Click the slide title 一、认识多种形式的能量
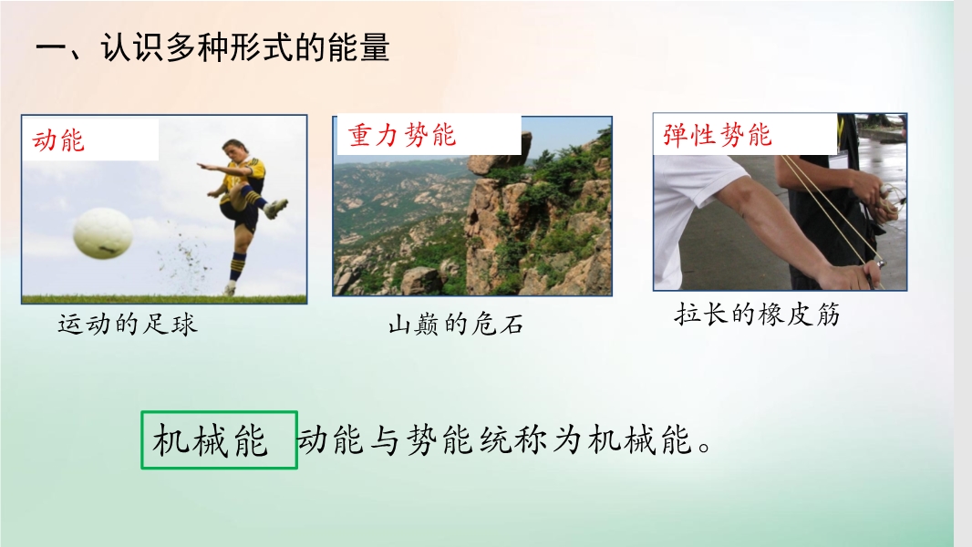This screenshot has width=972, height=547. click(x=212, y=47)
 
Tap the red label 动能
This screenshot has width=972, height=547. click(x=58, y=140)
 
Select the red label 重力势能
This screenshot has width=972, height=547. click(x=402, y=135)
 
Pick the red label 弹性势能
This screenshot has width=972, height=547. click(x=718, y=135)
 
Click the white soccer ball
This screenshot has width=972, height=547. click(x=103, y=232)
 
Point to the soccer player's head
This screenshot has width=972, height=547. click(x=233, y=151)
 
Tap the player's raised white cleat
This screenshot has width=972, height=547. click(x=276, y=208)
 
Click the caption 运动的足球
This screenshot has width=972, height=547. click(x=128, y=325)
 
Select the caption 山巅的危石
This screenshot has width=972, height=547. click(x=456, y=325)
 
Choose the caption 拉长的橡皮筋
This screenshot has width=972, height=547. click(x=757, y=315)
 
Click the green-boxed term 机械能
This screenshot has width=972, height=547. click(x=210, y=440)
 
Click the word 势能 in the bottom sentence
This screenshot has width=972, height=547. click(x=439, y=440)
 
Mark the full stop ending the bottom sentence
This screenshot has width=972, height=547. click(x=705, y=447)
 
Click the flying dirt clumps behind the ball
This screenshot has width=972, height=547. click(x=186, y=259)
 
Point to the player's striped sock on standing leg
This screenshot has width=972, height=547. click(x=237, y=266)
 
